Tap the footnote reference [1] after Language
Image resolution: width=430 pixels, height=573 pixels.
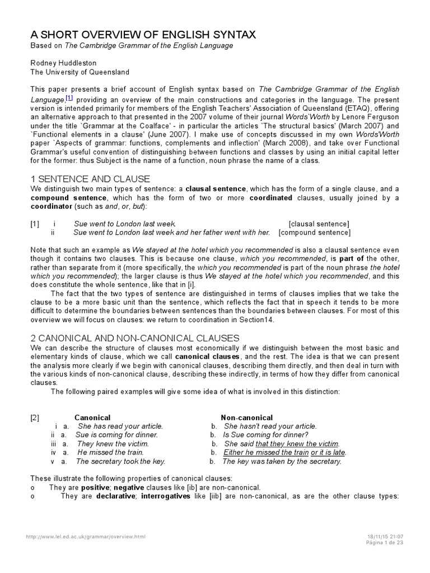point(69,97)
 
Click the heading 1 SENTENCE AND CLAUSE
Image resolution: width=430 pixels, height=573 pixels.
point(90,179)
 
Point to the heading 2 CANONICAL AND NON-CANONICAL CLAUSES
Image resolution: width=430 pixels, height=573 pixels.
point(135,338)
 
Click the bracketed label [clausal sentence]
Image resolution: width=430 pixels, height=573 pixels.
point(319,224)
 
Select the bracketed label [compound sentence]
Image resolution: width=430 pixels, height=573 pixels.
point(315,233)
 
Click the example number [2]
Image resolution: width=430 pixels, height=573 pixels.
point(35,418)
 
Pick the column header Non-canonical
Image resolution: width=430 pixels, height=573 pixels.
point(247,418)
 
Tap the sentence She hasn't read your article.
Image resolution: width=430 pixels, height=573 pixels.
point(270,426)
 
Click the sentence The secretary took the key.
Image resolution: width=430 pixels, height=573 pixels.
point(120,462)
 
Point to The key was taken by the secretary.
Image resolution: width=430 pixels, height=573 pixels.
point(282,462)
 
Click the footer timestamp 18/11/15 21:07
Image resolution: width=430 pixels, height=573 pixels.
point(384,537)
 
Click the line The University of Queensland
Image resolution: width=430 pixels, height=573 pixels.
point(80,72)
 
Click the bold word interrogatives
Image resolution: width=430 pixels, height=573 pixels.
point(167,496)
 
